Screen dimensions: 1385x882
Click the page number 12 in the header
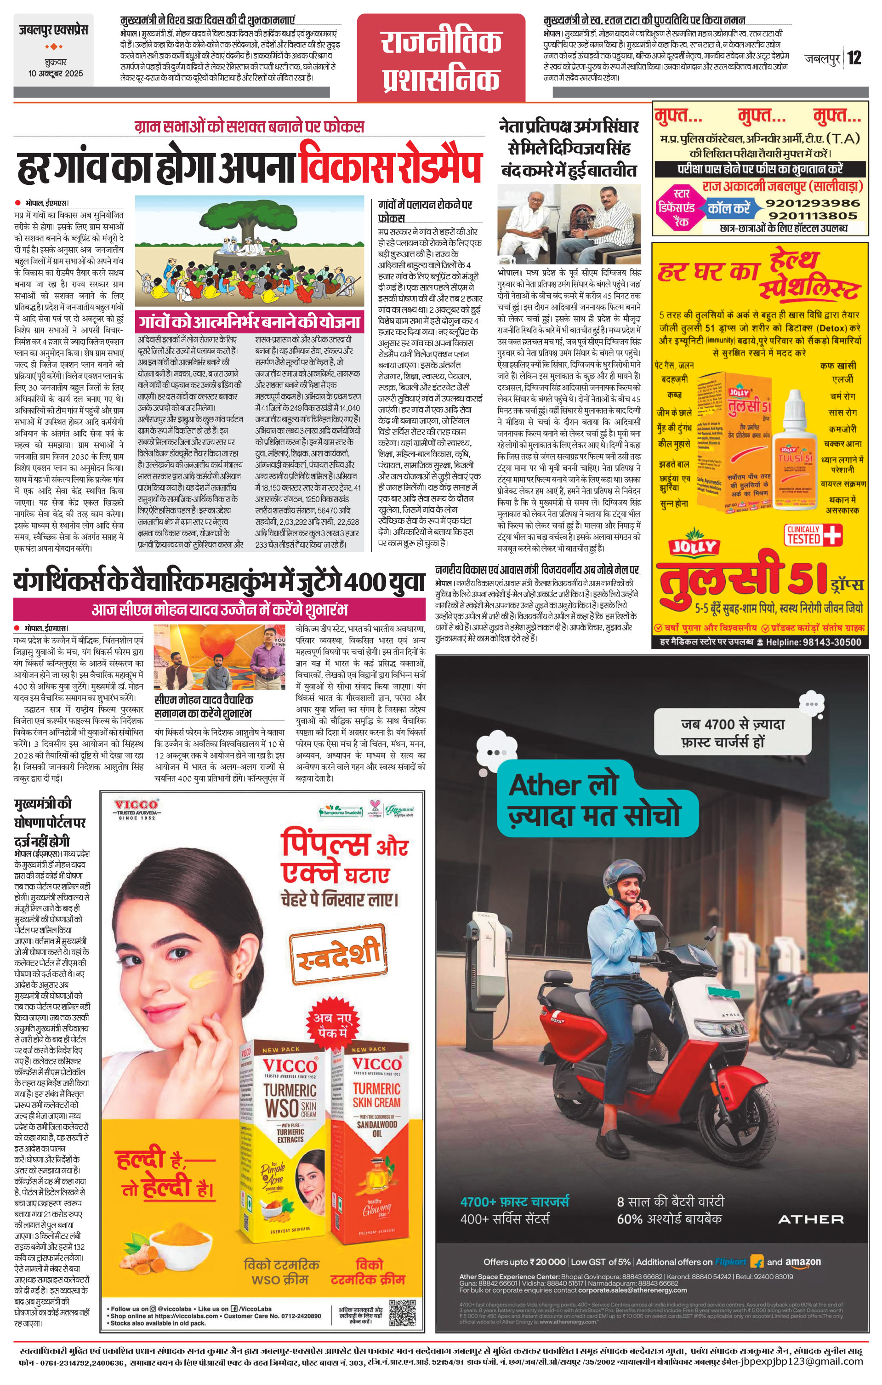pos(854,57)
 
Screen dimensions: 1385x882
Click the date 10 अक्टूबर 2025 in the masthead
pos(56,74)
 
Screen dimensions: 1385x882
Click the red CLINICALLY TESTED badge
pos(813,534)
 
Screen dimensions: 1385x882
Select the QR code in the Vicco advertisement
pos(402,1312)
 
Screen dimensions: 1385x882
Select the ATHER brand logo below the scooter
pos(810,1219)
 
